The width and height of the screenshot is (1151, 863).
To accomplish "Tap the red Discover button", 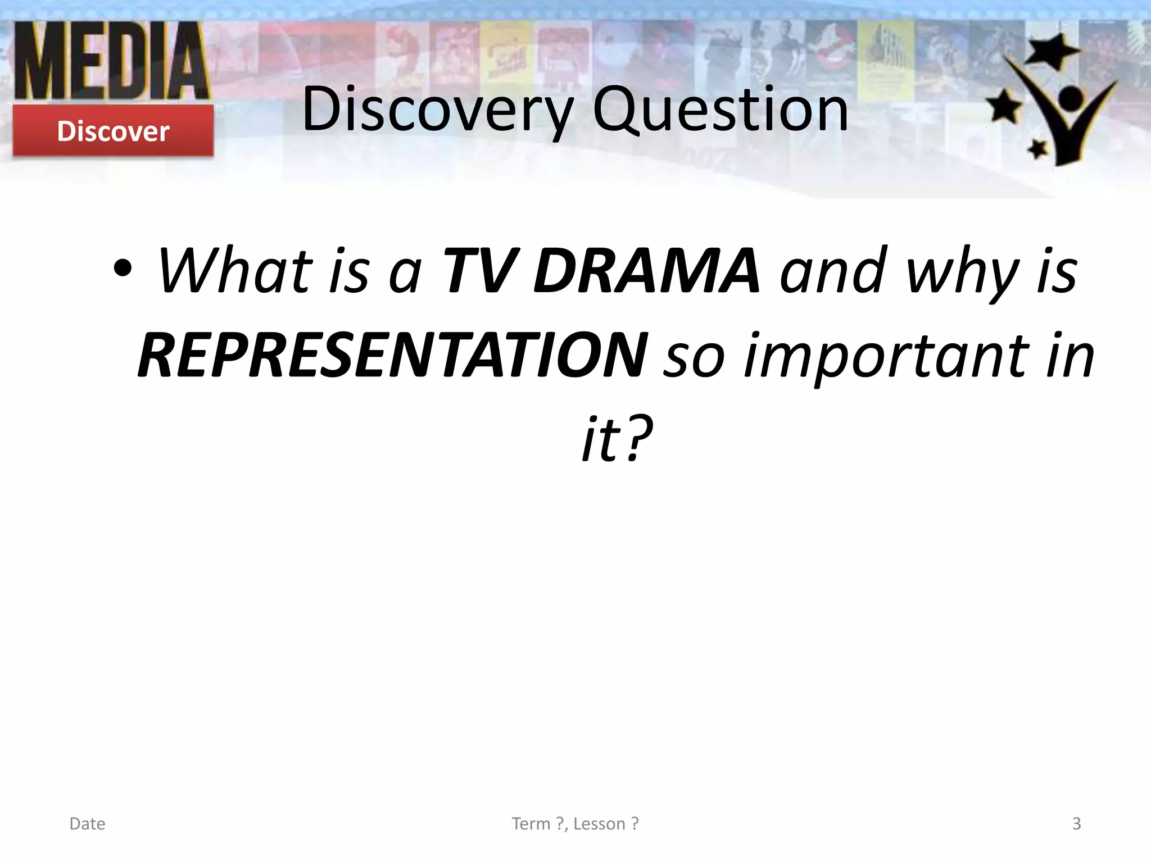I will pyautogui.click(x=113, y=131).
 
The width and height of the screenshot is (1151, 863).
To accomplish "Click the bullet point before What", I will pyautogui.click(x=123, y=269).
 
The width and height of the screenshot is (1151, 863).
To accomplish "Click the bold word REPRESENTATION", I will pyautogui.click(x=393, y=356).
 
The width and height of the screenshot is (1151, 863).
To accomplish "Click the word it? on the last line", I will pyautogui.click(x=617, y=438).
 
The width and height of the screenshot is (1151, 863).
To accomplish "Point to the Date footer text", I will pyautogui.click(x=87, y=824).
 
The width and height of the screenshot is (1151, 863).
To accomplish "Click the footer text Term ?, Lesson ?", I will pyautogui.click(x=575, y=824).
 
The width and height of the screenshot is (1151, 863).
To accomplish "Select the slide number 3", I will pyautogui.click(x=1076, y=824).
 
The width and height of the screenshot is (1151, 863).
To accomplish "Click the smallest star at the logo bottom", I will pyautogui.click(x=1037, y=149).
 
